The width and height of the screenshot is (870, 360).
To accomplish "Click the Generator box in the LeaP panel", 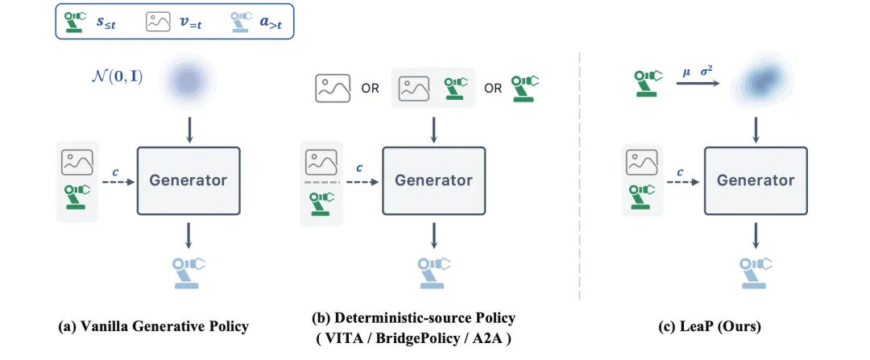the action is (755, 180).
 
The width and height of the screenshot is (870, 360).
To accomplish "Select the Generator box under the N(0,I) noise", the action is (188, 180).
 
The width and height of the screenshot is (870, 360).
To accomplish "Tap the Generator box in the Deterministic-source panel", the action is (433, 180).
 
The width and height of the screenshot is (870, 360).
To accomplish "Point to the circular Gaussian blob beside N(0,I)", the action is (188, 82).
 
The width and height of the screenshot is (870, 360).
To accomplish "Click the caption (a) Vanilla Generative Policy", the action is (153, 327).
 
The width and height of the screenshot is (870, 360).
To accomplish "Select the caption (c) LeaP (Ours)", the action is (709, 327).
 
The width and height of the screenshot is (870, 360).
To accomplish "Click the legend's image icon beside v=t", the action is (158, 22).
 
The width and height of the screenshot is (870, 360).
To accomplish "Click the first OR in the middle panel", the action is (371, 89).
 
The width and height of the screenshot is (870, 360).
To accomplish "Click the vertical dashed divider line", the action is (580, 176).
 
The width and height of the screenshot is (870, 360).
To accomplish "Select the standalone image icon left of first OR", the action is (333, 89).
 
